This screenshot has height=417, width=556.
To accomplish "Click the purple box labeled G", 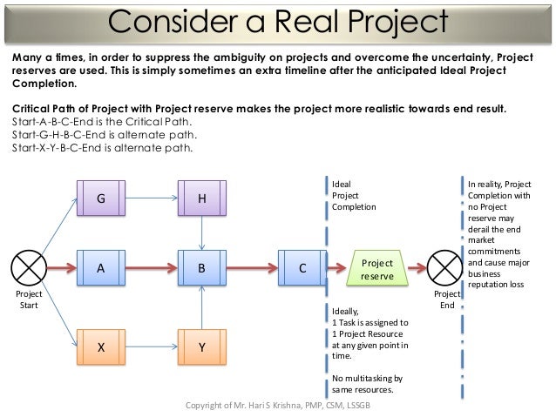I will tap(101, 198).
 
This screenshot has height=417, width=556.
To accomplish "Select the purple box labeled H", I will tap(201, 198).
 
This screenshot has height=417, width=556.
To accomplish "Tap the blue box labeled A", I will tap(101, 269).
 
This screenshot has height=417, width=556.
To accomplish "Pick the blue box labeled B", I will tap(201, 269).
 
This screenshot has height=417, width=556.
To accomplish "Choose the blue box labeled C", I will tap(302, 269).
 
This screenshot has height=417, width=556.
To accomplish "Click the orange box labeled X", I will tap(101, 346).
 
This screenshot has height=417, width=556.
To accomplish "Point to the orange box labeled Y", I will tap(201, 346).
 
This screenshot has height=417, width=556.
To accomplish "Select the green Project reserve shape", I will tap(377, 269).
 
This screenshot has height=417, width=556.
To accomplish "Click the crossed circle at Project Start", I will tap(29, 269).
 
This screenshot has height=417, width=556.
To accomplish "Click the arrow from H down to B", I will tap(201, 232).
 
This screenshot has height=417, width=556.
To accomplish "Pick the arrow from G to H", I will tap(153, 198).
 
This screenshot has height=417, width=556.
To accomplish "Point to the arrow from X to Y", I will tap(153, 346).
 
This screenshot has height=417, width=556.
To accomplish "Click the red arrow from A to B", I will tap(153, 269).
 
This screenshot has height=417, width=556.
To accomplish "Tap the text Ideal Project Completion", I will tap(353, 196).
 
